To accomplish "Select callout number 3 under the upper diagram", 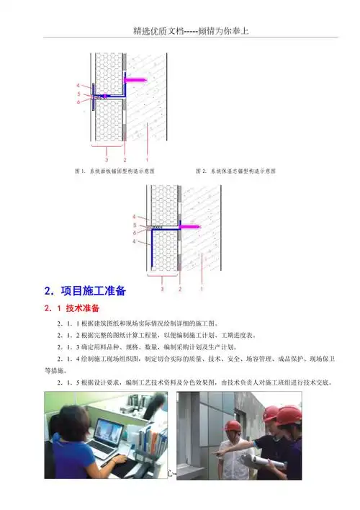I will point(107,158).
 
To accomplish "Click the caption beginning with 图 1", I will point(115,171).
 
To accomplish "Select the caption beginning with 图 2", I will point(237,171).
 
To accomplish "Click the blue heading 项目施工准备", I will point(91,292).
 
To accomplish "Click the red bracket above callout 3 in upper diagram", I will point(107,148).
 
